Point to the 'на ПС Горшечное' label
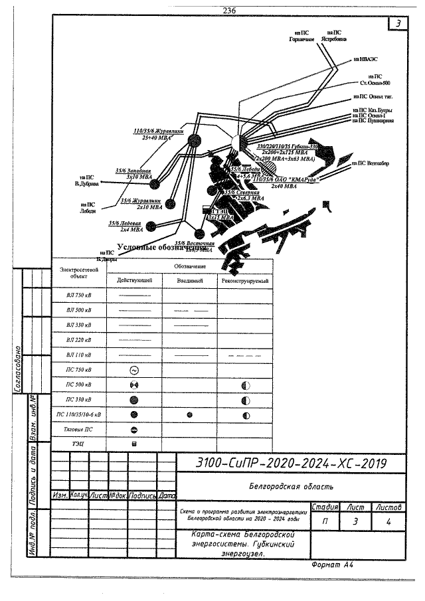point(301,36)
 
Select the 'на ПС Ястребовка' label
point(334,36)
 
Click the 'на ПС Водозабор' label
point(372,162)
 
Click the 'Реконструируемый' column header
point(244,281)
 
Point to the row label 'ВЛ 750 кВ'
point(80,294)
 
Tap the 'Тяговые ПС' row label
point(80,430)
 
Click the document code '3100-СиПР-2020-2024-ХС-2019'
point(292,463)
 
